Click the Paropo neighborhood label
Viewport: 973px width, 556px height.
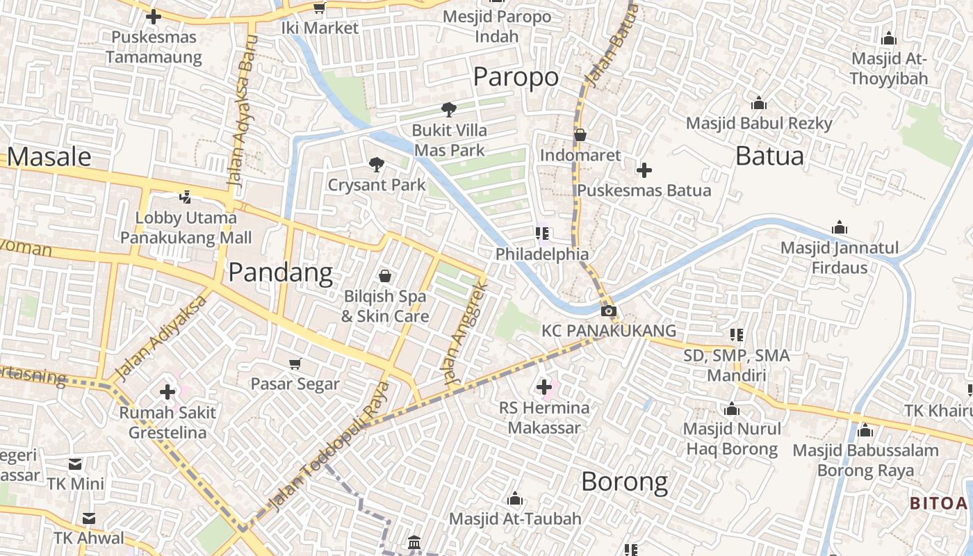[x=516, y=77]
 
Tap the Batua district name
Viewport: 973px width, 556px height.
[x=769, y=156]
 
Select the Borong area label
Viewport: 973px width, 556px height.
[x=624, y=482]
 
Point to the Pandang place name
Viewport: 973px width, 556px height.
[x=280, y=272]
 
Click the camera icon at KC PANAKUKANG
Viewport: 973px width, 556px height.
[x=609, y=311]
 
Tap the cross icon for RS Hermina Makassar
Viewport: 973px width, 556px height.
[x=544, y=386]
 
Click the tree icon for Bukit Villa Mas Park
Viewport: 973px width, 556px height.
[x=449, y=109]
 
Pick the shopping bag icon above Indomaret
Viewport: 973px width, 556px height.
[x=580, y=135]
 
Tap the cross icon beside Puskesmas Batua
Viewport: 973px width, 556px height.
[x=644, y=170]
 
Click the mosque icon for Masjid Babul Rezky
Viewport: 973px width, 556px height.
[x=759, y=104]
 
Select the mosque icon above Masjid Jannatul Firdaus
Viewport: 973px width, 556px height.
[x=840, y=228]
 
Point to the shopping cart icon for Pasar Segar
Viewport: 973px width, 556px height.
[x=295, y=363]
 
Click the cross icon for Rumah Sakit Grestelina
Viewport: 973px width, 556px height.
[x=167, y=392]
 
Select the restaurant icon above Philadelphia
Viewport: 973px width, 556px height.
[x=542, y=234]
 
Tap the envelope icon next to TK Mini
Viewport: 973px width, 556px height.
[x=75, y=464]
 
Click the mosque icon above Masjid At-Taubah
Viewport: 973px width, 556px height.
[x=515, y=499]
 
